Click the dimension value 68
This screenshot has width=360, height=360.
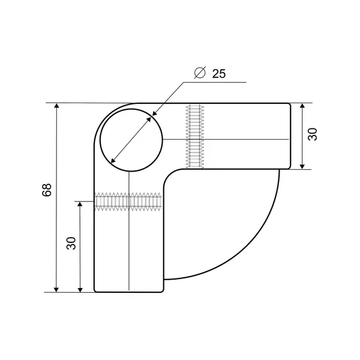(47, 190)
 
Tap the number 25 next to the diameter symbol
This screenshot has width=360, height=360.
(219, 74)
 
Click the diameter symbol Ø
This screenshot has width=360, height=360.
(200, 73)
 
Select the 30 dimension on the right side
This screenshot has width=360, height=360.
(313, 134)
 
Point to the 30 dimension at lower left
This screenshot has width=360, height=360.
(71, 243)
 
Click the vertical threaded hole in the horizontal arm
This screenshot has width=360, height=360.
(195, 137)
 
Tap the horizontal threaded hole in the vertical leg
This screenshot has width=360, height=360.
(128, 202)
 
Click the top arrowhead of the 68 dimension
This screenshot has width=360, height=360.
(56, 106)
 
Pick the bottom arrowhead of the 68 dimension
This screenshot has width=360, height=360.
(56, 290)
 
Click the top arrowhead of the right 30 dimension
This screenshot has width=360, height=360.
(302, 106)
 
